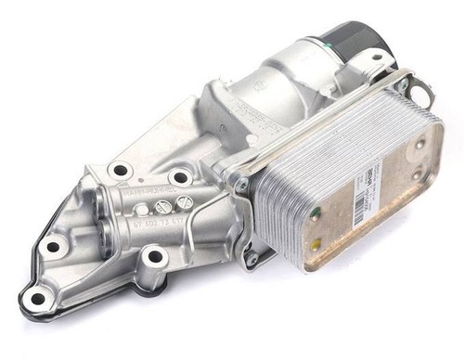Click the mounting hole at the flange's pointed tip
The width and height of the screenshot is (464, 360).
37,298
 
